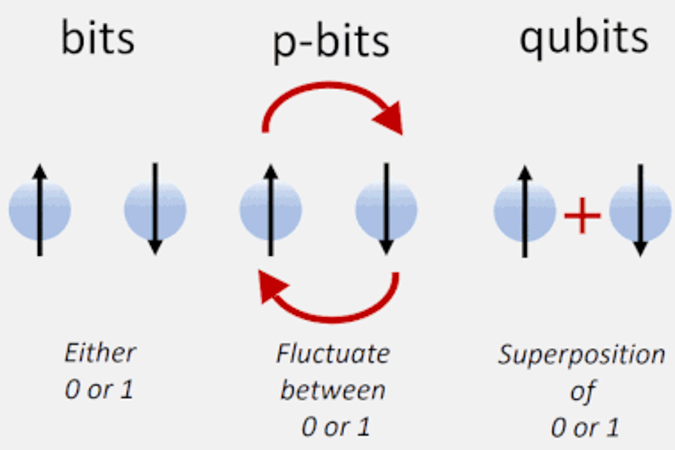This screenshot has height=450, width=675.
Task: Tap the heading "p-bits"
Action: (x=330, y=42)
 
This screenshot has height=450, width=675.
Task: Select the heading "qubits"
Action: (x=583, y=37)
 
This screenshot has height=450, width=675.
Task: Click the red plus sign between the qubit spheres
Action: (x=582, y=217)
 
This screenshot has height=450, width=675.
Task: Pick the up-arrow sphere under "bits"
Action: (x=40, y=209)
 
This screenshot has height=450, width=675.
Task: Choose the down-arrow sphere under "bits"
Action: (x=155, y=209)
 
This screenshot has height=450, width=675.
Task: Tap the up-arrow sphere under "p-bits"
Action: (x=271, y=209)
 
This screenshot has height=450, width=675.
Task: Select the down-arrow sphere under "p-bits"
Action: (x=386, y=209)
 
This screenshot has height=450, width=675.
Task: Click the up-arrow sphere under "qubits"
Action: (x=525, y=211)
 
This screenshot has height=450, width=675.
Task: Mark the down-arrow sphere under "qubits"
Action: (x=640, y=211)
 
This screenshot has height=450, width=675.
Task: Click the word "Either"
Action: (x=100, y=353)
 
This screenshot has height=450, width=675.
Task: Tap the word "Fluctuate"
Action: (x=333, y=353)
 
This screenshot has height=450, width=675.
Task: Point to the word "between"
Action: (x=333, y=390)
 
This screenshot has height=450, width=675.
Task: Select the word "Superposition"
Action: (x=582, y=355)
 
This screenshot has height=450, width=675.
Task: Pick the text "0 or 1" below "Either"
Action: (x=99, y=391)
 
